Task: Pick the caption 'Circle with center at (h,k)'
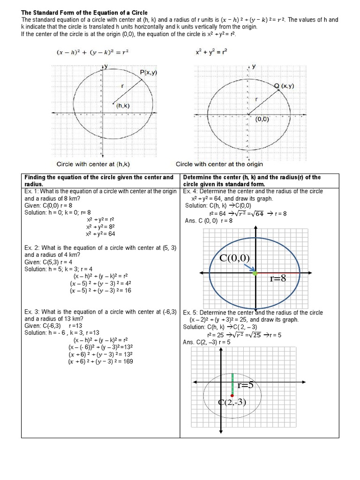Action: click(93, 164)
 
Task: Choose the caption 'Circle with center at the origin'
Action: click(219, 164)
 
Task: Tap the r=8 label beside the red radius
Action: click(278, 278)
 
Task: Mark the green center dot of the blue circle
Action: click(255, 272)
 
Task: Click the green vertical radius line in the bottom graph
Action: click(232, 383)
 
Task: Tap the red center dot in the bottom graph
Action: click(232, 395)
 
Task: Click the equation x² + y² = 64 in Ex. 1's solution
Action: click(101, 233)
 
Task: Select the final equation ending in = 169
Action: click(101, 361)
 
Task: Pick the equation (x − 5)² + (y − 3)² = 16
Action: click(101, 290)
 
